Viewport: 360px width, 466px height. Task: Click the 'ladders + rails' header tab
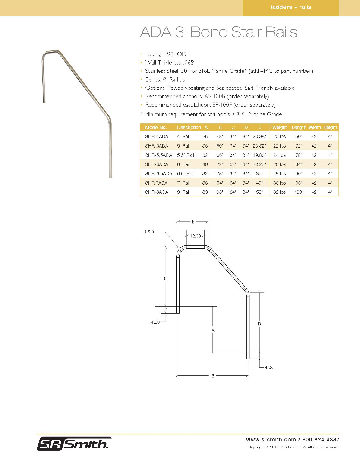pos(291,7)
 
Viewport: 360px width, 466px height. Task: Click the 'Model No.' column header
pos(156,127)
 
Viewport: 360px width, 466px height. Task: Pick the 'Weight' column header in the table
pos(279,127)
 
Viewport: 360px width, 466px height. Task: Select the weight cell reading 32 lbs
pos(279,192)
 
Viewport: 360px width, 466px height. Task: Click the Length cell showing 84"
pos(298,164)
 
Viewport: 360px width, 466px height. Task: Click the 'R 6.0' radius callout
pos(148,232)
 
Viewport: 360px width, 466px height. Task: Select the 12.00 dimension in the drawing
pos(196,236)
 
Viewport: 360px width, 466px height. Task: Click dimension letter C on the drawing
pos(165,279)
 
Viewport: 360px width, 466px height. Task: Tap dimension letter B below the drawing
pos(213,376)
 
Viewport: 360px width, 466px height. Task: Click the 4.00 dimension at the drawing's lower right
pos(268,368)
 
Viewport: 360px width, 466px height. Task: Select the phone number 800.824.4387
pos(320,439)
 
